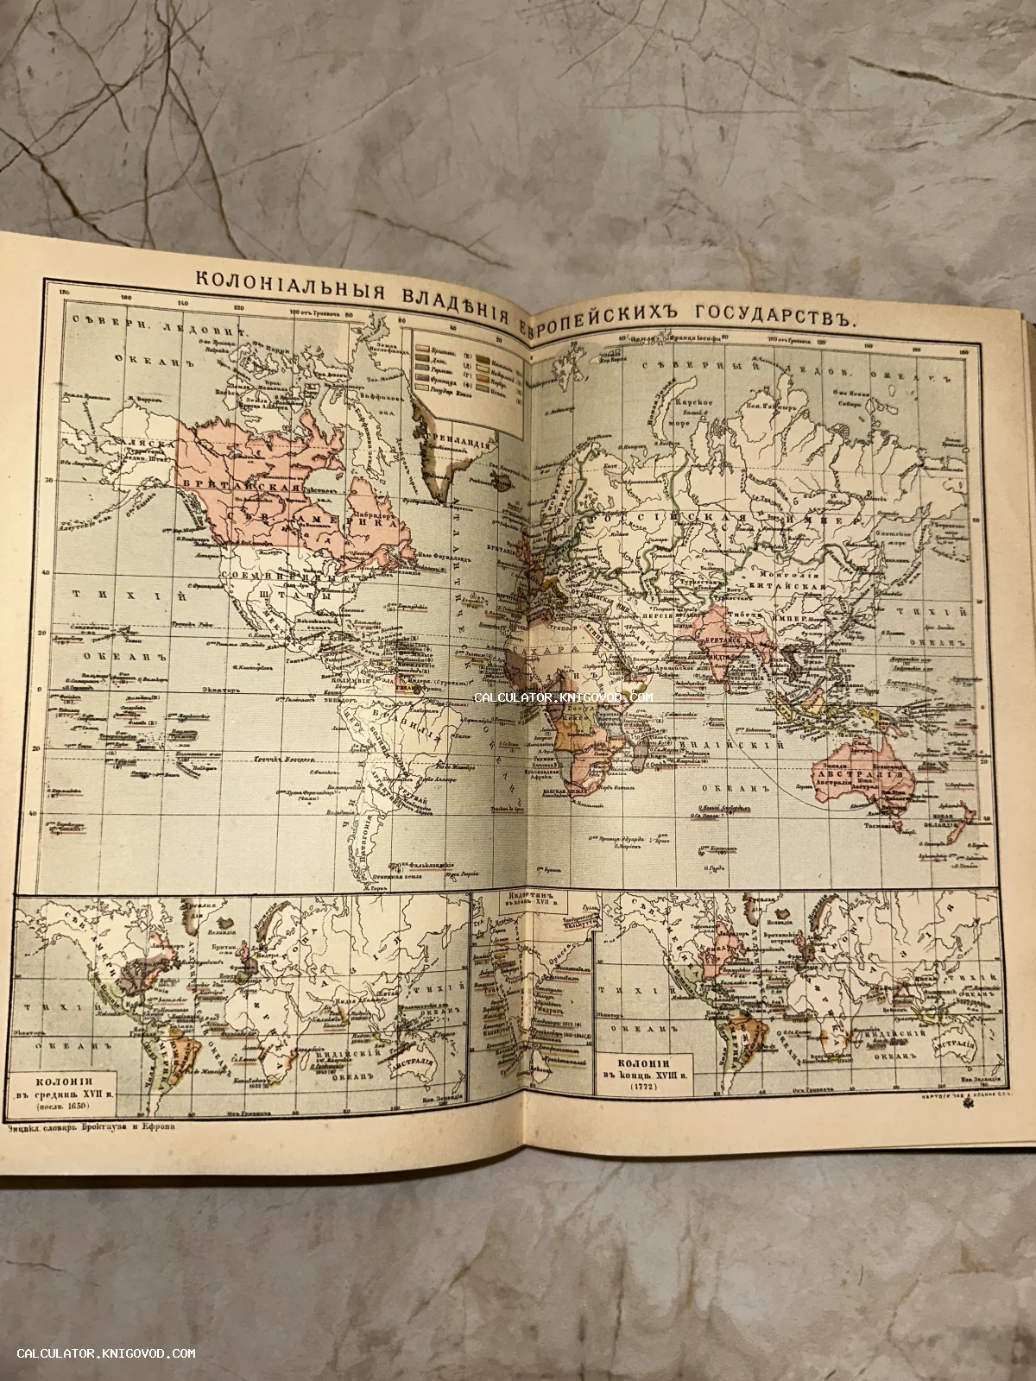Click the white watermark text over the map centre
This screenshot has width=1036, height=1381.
pyautogui.click(x=562, y=697)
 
